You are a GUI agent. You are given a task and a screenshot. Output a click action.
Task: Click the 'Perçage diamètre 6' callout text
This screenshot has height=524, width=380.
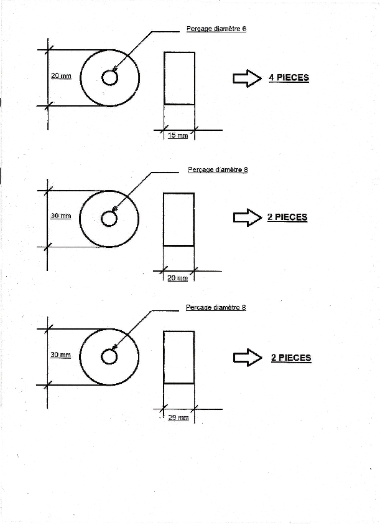coord(216,29)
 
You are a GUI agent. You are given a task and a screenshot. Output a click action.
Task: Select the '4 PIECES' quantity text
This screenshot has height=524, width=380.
coord(289,77)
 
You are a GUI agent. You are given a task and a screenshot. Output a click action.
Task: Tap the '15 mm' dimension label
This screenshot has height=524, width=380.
coord(178,135)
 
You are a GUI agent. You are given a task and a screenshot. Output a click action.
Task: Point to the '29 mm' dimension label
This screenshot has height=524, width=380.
coord(178,417)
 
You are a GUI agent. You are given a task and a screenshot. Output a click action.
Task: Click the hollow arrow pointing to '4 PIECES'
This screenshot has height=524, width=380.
coord(247,79)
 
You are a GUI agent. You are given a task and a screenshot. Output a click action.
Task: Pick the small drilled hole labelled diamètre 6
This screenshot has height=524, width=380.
coord(109,79)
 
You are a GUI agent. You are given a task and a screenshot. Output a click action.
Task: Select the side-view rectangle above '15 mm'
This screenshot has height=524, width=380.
coord(180,79)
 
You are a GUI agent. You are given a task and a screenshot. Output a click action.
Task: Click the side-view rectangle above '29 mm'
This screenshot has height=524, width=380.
coord(179,357)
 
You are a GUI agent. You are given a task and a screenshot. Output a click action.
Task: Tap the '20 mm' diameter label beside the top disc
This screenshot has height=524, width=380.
coord(61,76)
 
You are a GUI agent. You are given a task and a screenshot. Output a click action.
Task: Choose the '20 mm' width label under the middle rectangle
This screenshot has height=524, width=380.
coord(177,278)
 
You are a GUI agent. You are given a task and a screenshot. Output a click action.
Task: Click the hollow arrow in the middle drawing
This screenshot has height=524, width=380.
coord(248,217)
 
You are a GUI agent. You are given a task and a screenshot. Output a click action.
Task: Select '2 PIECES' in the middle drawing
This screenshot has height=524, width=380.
coord(287,217)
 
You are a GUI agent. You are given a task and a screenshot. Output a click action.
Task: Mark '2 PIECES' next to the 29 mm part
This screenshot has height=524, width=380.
coord(291,358)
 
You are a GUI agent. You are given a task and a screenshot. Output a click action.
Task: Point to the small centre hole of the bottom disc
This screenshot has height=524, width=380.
coord(109,357)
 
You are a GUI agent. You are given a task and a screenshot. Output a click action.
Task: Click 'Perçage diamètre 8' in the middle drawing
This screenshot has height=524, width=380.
coord(218,169)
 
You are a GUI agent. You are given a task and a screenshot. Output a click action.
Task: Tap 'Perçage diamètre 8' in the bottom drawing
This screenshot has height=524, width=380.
coord(216,307)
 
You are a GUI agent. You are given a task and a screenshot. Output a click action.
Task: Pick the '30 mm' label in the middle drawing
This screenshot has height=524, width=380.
coord(61,216)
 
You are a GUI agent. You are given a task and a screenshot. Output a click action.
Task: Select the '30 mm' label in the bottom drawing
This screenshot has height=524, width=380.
coord(61,355)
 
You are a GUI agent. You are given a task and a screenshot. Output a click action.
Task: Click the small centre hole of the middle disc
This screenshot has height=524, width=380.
coord(109,219)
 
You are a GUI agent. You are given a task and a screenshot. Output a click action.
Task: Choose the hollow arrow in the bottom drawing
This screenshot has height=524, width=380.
coord(248,358)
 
